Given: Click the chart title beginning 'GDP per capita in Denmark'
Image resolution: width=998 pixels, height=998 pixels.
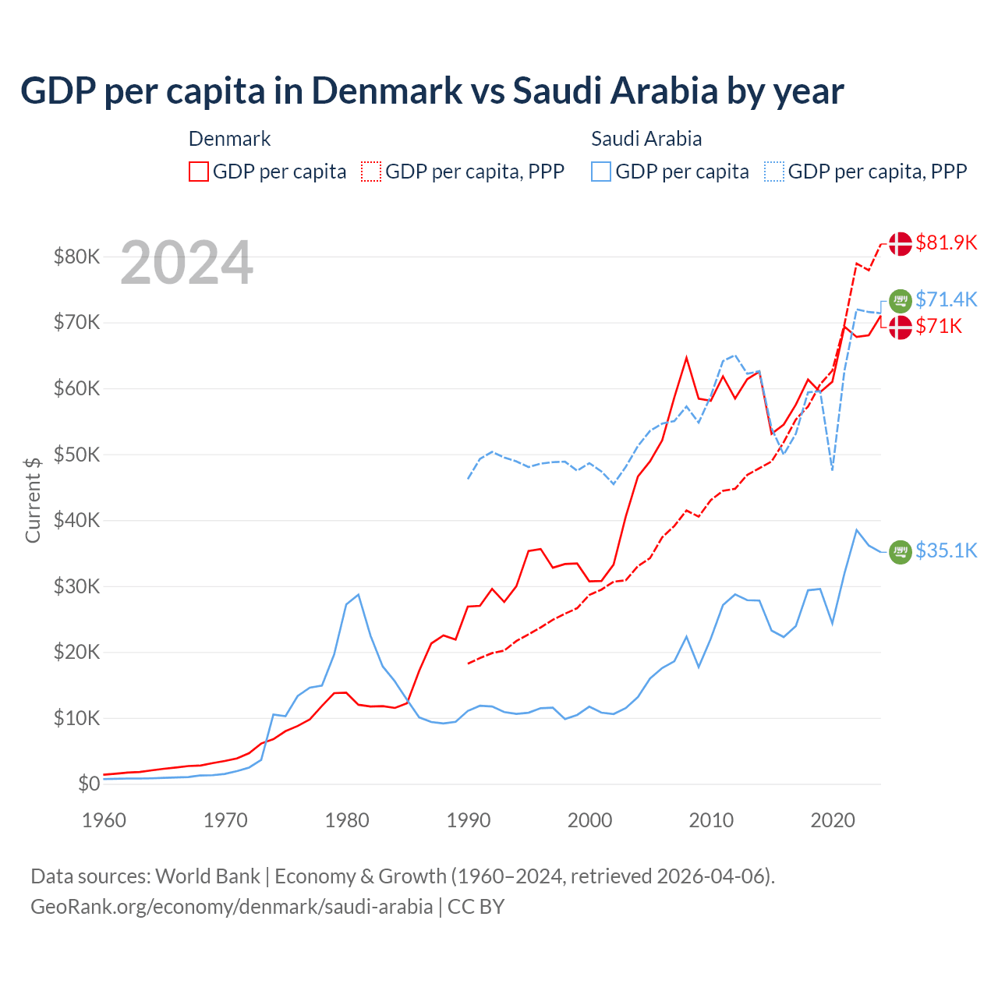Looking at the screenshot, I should [x=432, y=90].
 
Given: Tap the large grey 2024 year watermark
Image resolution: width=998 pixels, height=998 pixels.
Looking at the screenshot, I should [x=186, y=264].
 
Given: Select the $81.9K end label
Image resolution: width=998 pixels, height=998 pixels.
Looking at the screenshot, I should [x=946, y=242].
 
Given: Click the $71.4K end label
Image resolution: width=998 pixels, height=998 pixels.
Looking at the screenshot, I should [x=946, y=299].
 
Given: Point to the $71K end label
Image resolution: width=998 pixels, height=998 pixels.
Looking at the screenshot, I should [x=939, y=326].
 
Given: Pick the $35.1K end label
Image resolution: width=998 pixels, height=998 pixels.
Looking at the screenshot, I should [x=946, y=550].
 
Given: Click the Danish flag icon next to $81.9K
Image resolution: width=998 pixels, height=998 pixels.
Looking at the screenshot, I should [x=901, y=243].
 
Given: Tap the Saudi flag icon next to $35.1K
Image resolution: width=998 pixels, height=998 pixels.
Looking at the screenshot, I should [x=901, y=551].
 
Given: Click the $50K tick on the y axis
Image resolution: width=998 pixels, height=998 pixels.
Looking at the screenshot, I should [x=76, y=455].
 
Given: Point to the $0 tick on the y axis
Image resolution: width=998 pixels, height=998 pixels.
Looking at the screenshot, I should [x=89, y=784].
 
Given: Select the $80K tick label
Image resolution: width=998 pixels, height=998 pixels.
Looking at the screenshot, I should [x=76, y=257].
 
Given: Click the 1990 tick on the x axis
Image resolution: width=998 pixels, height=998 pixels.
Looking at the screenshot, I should [x=468, y=820].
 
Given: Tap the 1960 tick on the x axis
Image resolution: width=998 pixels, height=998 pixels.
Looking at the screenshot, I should [x=104, y=820].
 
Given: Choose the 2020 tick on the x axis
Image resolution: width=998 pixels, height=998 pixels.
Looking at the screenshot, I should [x=833, y=820].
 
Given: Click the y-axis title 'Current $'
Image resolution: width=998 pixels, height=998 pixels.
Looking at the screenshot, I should [x=33, y=500].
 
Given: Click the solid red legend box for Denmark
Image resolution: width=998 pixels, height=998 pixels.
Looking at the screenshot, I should [x=199, y=172].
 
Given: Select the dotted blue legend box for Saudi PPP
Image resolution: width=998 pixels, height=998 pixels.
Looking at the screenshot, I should [x=774, y=172].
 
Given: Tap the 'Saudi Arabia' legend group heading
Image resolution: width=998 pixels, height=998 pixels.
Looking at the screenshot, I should [x=646, y=139].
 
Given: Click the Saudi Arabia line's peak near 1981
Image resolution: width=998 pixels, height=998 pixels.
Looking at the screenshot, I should [x=358, y=595].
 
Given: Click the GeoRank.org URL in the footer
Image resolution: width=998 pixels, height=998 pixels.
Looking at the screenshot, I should [x=232, y=907].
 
